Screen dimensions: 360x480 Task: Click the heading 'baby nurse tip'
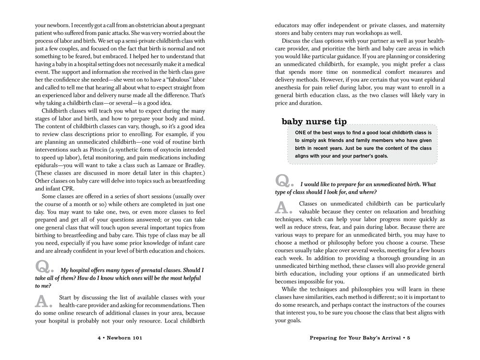click(315, 121)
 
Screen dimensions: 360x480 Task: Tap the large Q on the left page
click(45, 267)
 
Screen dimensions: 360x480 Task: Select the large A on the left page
click(44, 300)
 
